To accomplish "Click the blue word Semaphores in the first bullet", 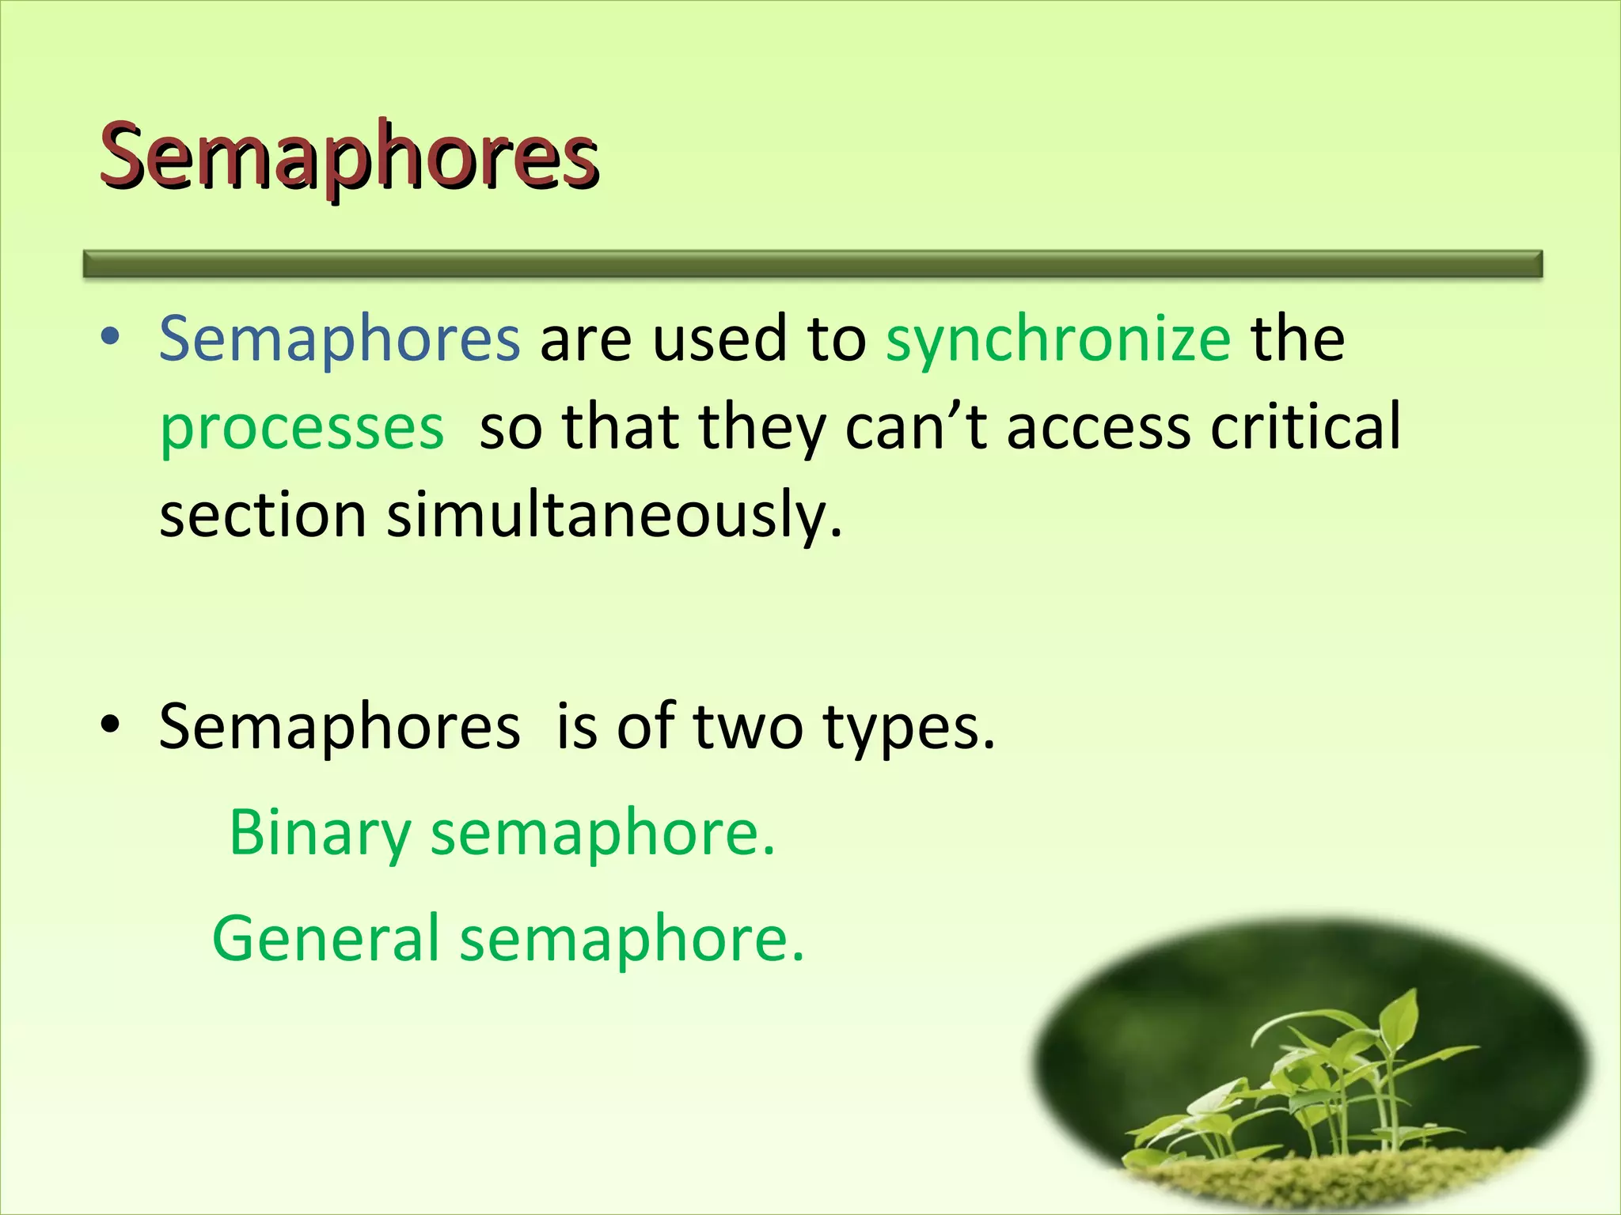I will click(340, 339).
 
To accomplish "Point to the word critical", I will click(1306, 427).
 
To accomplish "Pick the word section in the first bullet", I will click(263, 515).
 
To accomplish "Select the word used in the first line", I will click(719, 339).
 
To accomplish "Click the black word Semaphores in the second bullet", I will click(340, 727).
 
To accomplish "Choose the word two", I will click(748, 727).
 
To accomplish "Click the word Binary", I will click(320, 835).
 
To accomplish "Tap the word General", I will click(325, 939).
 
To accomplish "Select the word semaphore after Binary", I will click(602, 835).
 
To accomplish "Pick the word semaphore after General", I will click(632, 939).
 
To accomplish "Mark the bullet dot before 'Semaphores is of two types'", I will click(110, 725).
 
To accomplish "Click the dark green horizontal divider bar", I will click(813, 263).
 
